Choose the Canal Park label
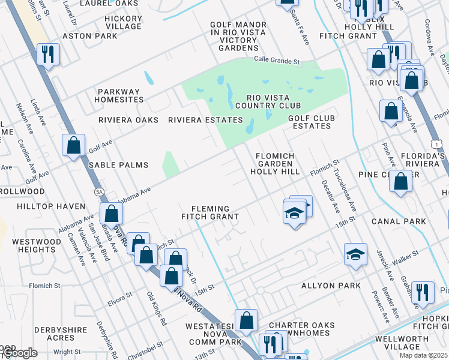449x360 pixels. point(399,221)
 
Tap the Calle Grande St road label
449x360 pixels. point(276,61)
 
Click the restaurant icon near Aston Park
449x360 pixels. point(47,55)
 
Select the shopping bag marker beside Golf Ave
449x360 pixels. point(73,144)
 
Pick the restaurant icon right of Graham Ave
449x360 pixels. point(423,292)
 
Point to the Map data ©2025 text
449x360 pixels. point(423,355)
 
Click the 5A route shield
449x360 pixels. point(98,191)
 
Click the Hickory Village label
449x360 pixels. point(123,22)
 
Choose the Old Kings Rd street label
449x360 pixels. point(156,309)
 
